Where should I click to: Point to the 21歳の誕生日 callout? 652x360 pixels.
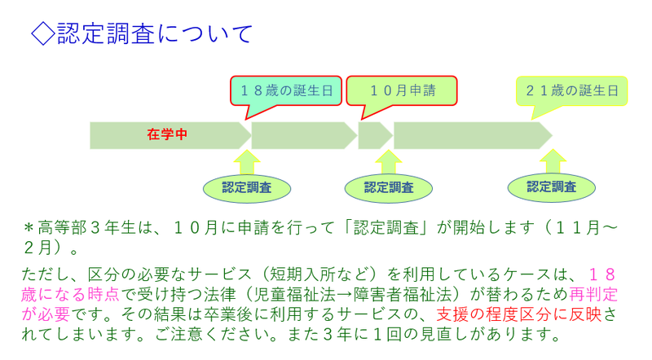(x=571, y=90)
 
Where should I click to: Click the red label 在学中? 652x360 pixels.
(x=167, y=134)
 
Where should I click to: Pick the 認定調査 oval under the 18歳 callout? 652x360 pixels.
(x=247, y=187)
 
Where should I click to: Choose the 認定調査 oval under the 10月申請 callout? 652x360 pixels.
(x=389, y=187)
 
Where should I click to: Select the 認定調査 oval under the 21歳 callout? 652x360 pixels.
(x=552, y=187)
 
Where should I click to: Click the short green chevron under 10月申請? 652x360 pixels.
(x=373, y=135)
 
